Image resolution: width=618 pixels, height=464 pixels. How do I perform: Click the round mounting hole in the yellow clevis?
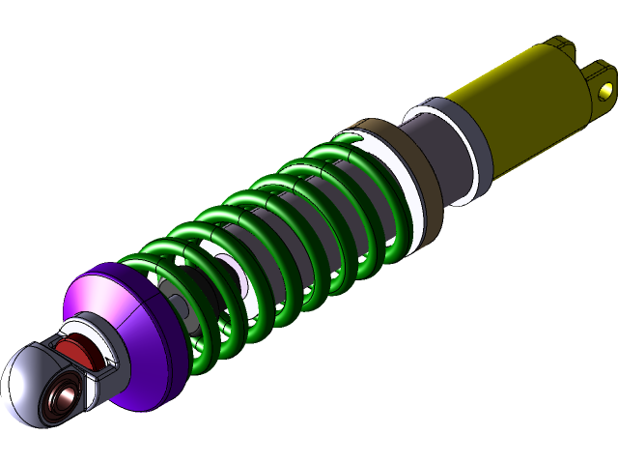[x=605, y=91]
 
